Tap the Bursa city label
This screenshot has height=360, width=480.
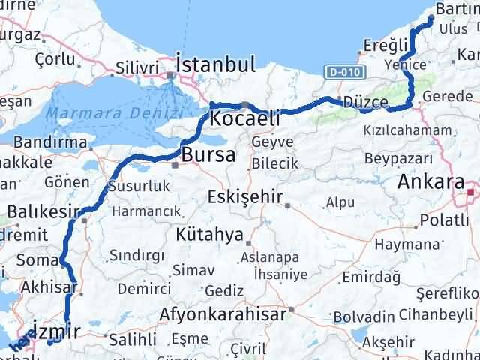tap(203, 155)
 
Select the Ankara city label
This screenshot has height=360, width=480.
tap(430, 182)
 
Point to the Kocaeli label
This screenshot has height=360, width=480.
tap(245, 118)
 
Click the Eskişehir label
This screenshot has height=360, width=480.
tap(245, 198)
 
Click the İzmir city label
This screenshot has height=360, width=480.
tap(56, 327)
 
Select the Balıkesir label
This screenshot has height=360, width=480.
tap(43, 212)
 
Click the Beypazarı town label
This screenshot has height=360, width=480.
tap(398, 158)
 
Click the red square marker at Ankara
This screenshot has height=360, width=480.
tap(469, 193)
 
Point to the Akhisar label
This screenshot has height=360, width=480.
tap(51, 286)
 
